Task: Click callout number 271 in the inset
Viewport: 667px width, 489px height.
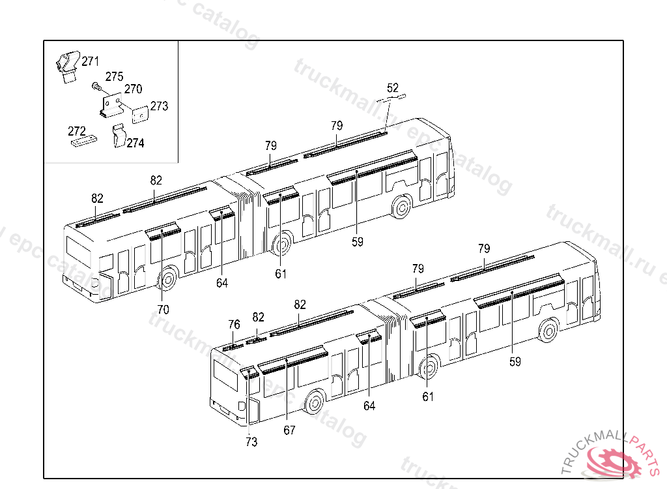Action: click(x=90, y=62)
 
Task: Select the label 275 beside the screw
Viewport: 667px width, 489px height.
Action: click(x=114, y=76)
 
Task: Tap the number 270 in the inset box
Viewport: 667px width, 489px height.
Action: click(x=133, y=89)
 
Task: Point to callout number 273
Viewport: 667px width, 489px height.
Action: click(x=159, y=106)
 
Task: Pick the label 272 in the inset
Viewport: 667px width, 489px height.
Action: click(x=77, y=131)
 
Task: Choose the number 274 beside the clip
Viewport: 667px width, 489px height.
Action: click(x=135, y=143)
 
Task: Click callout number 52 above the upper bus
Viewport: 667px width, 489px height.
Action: click(x=393, y=88)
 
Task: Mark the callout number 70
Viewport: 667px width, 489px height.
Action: click(x=163, y=310)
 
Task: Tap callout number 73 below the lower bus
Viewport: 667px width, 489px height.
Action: click(x=251, y=442)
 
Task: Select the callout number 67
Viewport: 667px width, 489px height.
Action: click(x=289, y=430)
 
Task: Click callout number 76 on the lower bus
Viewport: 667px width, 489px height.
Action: click(x=234, y=325)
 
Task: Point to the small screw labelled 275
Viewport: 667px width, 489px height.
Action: click(x=96, y=85)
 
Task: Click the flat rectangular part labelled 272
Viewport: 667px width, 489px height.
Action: click(x=83, y=141)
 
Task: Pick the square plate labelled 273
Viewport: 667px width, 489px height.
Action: click(x=139, y=115)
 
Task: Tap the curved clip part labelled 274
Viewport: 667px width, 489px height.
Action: click(x=118, y=136)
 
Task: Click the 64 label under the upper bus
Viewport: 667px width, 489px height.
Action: click(x=223, y=283)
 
